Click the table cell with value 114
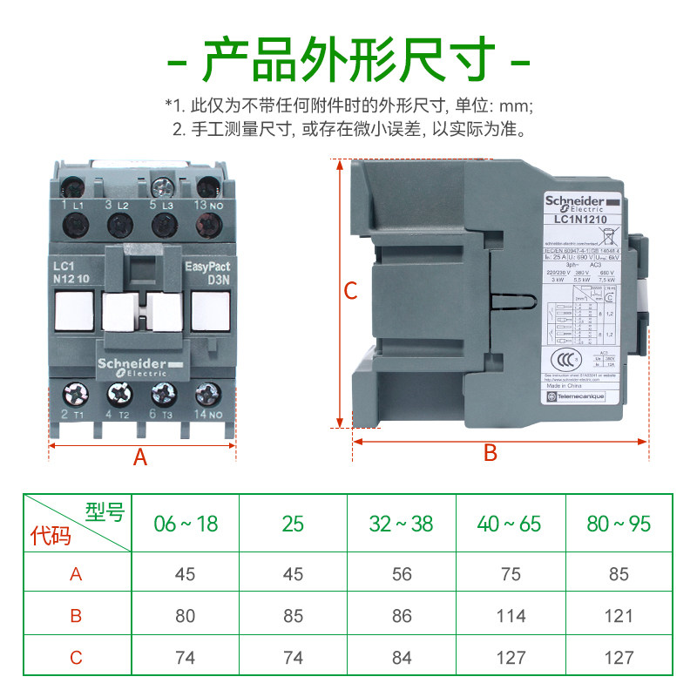tap(511, 616)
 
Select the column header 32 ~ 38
tap(402, 524)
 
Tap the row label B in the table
tap(76, 616)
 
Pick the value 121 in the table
tap(619, 616)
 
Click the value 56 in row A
tap(402, 574)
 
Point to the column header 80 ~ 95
tap(619, 524)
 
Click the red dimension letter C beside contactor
tap(350, 292)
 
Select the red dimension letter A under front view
tap(140, 457)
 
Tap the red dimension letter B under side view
tap(490, 453)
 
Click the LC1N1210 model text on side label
tap(580, 220)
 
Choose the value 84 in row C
tap(402, 657)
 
